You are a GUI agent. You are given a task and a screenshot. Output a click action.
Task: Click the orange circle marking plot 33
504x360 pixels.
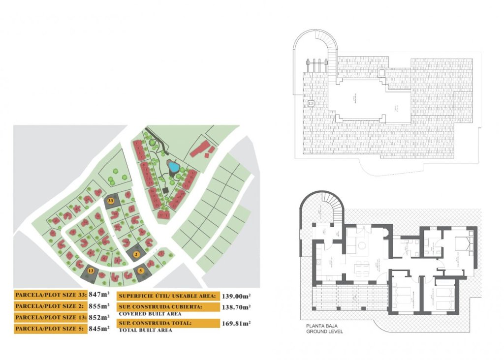[x=111, y=201]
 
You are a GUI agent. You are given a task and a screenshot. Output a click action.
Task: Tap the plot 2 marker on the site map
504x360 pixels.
[x=137, y=253]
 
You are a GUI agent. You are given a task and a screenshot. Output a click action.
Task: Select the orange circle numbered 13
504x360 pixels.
[x=91, y=270]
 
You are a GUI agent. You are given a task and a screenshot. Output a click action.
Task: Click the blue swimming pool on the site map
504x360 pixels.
[x=173, y=167]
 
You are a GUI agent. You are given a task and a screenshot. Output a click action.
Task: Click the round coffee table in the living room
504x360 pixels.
[x=361, y=245]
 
